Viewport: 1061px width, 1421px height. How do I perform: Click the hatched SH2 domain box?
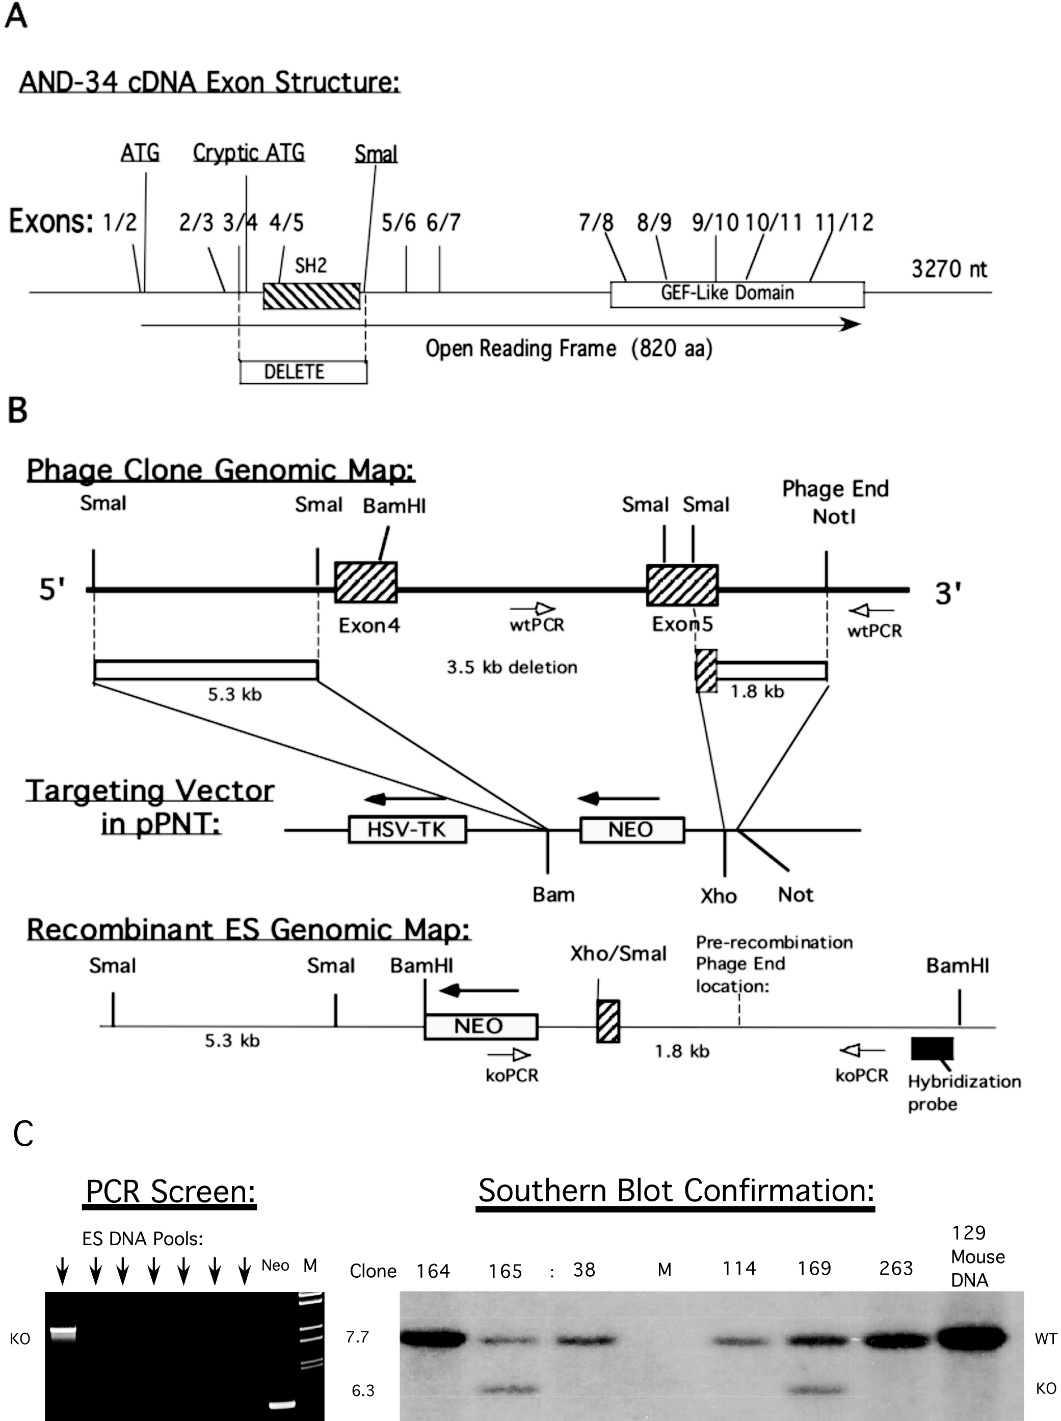pos(311,295)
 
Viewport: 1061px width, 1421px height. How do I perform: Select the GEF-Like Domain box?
pos(737,294)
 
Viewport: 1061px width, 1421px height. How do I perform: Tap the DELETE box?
pos(303,372)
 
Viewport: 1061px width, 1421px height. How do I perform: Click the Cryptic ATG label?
pos(249,152)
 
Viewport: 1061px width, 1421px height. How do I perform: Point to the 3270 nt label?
pos(948,269)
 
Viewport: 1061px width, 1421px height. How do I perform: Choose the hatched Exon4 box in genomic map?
pos(366,582)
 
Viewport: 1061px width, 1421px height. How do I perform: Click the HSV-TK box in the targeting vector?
pos(407,829)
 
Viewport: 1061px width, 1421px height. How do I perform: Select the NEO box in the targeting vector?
pos(632,829)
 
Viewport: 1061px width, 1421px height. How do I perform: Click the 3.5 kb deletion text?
pos(512,668)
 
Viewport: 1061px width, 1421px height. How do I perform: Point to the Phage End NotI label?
pos(835,503)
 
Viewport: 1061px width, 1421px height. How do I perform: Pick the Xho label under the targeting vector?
pos(718,896)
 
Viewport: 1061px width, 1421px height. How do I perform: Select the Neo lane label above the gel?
pos(275,1266)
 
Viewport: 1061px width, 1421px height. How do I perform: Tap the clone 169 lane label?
pos(814,1268)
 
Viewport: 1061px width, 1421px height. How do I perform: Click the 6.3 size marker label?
pos(363,1390)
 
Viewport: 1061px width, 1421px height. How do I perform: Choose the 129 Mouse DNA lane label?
pos(977,1256)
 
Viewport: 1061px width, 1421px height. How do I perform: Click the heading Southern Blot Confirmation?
pos(676,1191)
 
